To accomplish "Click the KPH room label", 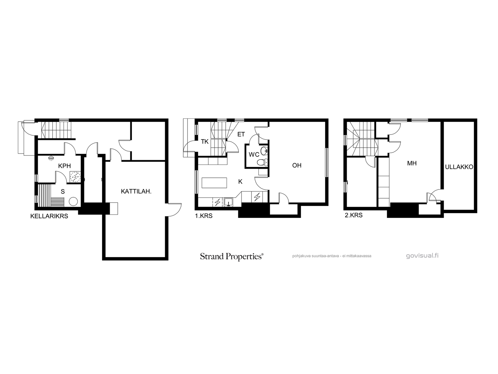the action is click(64, 166).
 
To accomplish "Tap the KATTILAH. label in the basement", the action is click(136, 191).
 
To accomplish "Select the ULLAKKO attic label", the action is click(459, 167).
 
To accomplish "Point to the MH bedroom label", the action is click(412, 163).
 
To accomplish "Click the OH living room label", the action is click(297, 165).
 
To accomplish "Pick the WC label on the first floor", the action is click(254, 155).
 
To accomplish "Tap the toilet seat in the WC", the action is click(262, 162).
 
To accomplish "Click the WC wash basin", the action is click(264, 150).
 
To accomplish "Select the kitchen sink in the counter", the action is click(228, 202).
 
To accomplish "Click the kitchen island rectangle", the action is click(214, 183).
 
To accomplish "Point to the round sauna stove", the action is click(73, 201).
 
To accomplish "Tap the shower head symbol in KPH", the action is click(51, 158).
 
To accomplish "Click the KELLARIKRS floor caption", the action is click(49, 216).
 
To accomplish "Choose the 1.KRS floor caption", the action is click(204, 216).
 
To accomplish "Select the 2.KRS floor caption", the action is click(354, 215).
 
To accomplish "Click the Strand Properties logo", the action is click(232, 257).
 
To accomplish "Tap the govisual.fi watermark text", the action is click(422, 256).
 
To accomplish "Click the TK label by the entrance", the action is click(204, 142).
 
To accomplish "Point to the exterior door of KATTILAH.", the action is click(174, 209).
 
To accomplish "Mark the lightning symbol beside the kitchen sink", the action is click(217, 202).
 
